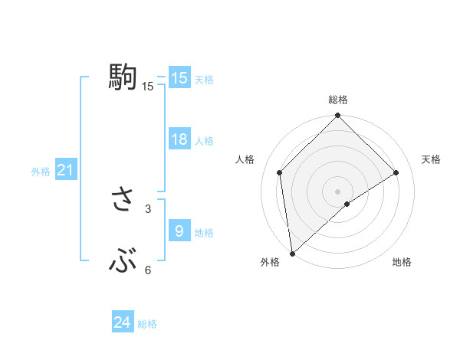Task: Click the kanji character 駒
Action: point(123,77)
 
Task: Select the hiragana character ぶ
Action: point(123,263)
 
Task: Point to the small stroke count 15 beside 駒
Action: point(148,87)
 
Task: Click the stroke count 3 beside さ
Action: point(148,208)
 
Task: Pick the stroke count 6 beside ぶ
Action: point(148,270)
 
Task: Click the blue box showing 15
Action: point(179,78)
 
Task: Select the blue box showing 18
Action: point(179,139)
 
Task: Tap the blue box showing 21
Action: point(65,171)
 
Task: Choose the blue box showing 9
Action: point(179,231)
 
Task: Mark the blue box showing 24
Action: point(123,322)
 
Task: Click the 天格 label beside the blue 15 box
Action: point(204,80)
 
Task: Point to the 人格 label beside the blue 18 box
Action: point(204,141)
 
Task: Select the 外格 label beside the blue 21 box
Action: point(41,172)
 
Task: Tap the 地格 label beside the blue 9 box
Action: point(204,233)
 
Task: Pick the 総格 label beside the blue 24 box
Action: point(147,324)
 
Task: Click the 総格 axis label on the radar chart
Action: point(337,100)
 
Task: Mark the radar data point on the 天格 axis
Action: point(396,172)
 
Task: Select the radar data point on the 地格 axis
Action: point(347,204)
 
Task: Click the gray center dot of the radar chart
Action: point(337,191)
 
